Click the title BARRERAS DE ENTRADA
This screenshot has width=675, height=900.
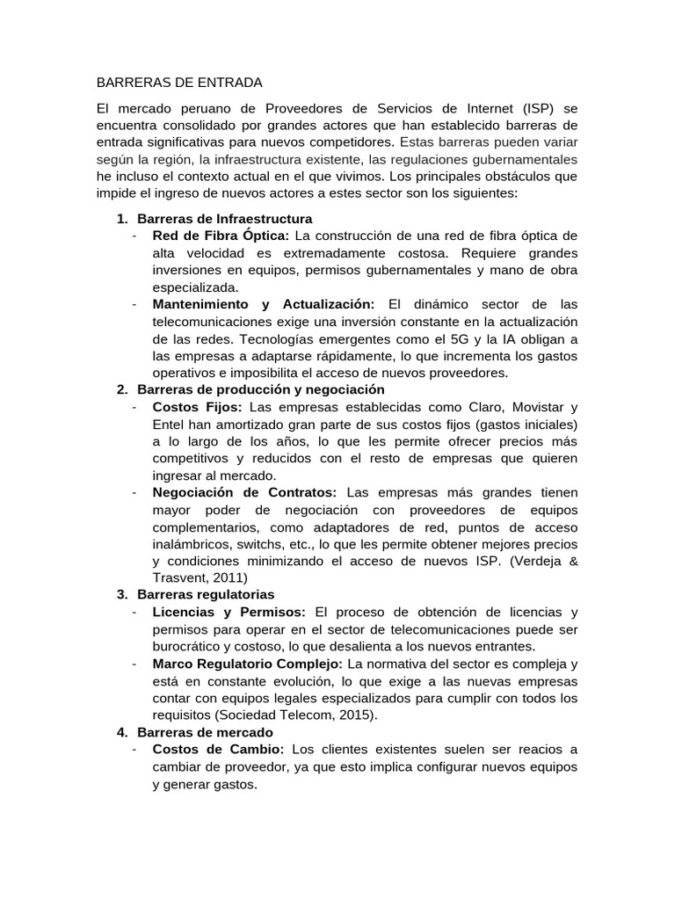179,83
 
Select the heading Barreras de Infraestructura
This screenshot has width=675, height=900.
225,218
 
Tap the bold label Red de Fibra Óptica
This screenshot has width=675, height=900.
221,236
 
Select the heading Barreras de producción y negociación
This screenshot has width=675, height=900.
261,389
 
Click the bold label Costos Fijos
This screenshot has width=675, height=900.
199,407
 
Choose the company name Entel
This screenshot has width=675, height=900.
171,424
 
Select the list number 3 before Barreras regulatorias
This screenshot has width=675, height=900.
121,595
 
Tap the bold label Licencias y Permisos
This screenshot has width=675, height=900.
229,613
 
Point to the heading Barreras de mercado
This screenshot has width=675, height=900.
206,732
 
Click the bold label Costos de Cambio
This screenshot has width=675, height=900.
218,750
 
